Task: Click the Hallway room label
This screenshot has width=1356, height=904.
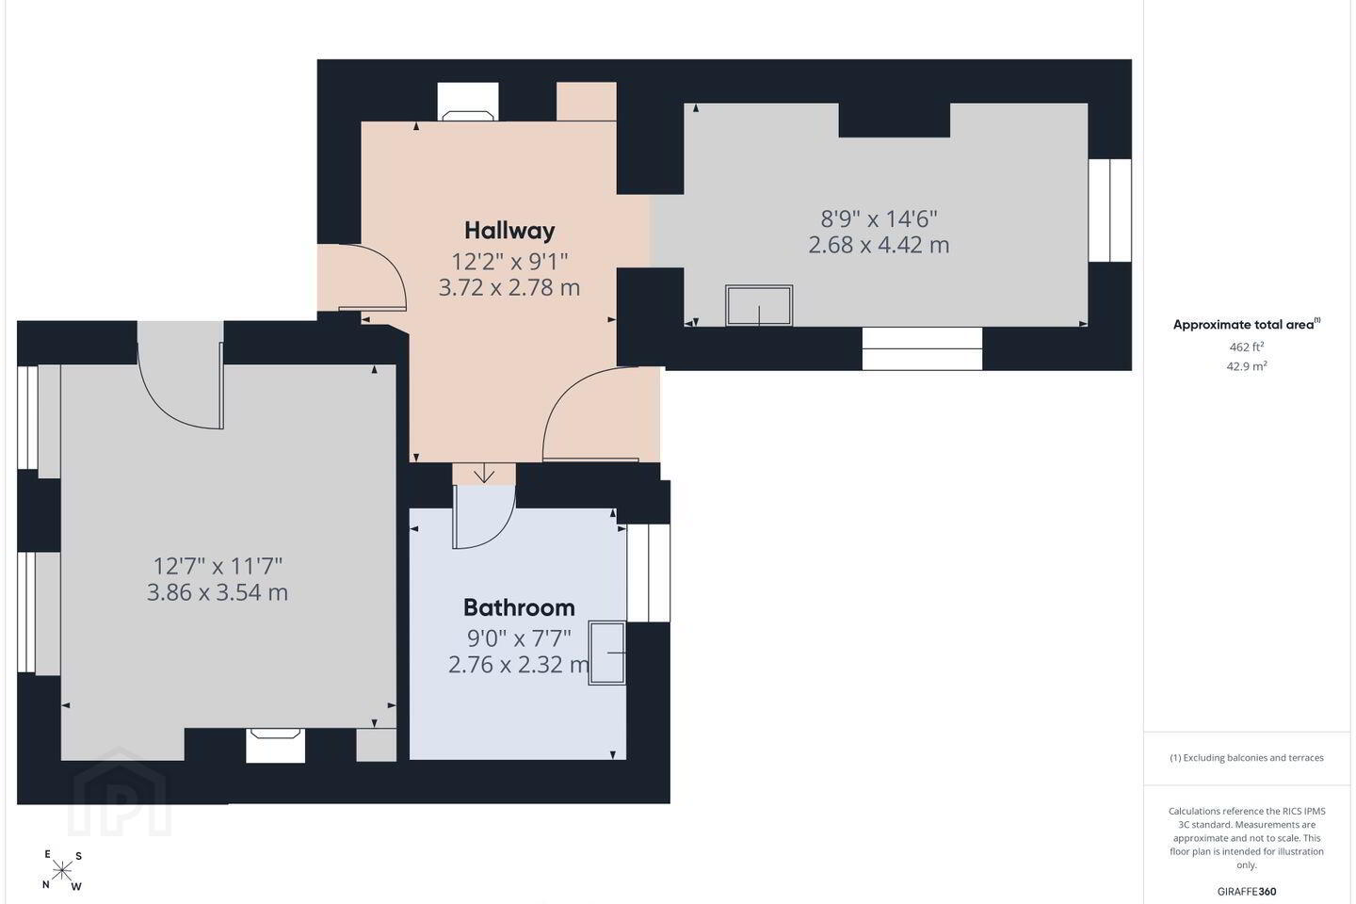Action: pos(509,231)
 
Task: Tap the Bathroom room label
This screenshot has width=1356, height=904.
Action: pos(519,607)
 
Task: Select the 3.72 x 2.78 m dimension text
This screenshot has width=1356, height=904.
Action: pos(509,287)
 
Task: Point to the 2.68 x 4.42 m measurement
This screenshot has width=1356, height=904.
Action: pos(879,245)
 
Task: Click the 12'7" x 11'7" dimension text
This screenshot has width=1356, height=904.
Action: pos(218,566)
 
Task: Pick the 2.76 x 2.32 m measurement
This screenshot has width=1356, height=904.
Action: pos(519,665)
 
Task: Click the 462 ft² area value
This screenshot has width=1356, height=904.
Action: pos(1247,347)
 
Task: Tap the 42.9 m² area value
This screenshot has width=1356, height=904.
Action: pos(1247,366)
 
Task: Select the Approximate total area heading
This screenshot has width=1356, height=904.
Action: pos(1246,325)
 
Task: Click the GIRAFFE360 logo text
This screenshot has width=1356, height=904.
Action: pos(1247,891)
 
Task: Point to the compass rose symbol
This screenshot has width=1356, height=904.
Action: pos(62,871)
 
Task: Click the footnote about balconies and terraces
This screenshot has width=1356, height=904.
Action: pos(1247,757)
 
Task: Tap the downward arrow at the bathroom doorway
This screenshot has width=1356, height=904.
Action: pos(484,473)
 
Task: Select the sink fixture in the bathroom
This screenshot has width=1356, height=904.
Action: pos(606,653)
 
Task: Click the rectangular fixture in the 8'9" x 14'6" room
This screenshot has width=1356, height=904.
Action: pos(759,306)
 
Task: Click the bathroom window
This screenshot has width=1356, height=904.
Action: pos(648,573)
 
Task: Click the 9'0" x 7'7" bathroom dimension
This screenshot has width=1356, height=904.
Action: pos(519,638)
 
